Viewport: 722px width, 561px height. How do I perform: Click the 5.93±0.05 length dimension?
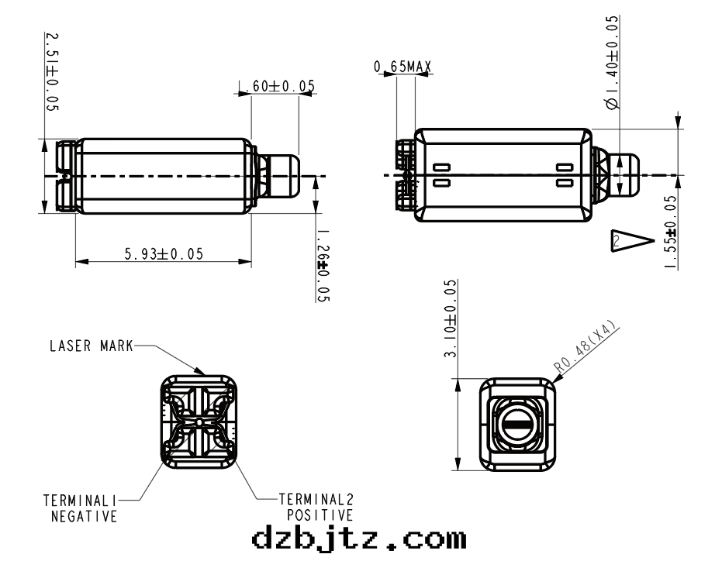[x=164, y=254]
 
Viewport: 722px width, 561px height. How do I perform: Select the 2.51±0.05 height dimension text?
[x=52, y=72]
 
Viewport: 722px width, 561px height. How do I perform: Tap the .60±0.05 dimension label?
[x=278, y=86]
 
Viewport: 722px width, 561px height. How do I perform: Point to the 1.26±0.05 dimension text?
[x=323, y=264]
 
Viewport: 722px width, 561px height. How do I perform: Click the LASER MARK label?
[x=92, y=346]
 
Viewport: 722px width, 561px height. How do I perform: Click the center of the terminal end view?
[x=200, y=421]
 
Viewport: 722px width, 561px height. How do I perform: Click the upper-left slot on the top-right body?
[x=442, y=167]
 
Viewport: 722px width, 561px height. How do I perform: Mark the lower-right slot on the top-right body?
[x=564, y=184]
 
